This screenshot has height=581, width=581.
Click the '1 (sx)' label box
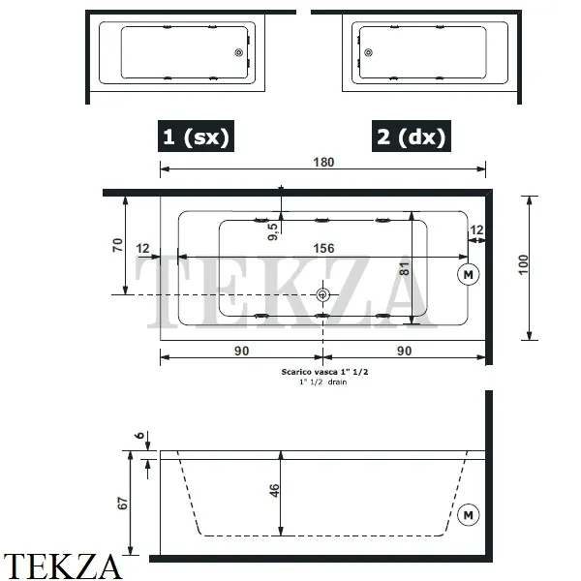[x=196, y=137]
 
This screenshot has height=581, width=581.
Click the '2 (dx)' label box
[x=412, y=137]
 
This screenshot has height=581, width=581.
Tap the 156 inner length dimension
[x=323, y=249]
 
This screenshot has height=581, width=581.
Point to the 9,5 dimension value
[x=273, y=230]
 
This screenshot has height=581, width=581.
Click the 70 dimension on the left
[x=117, y=245]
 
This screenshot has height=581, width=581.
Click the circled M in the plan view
[x=469, y=274]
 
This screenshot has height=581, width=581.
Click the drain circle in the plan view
[x=323, y=293]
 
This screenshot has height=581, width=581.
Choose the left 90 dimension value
[x=241, y=351]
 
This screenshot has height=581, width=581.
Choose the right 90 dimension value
[x=405, y=351]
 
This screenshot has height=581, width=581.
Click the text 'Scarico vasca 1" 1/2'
[x=323, y=372]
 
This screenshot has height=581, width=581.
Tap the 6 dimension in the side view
[x=139, y=437]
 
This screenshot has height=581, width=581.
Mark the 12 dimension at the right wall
[x=476, y=229]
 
